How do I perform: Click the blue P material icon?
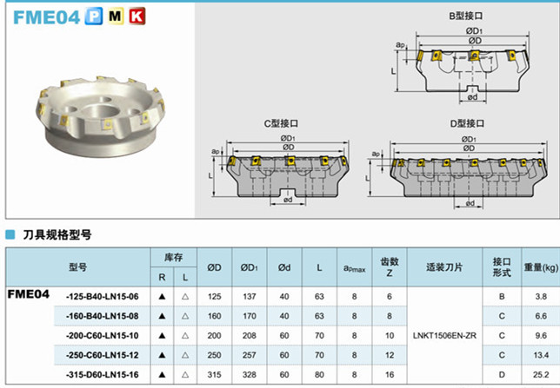pyautogui.click(x=94, y=16)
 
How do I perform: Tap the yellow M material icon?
pyautogui.click(x=116, y=16)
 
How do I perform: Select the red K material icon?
pyautogui.click(x=137, y=16)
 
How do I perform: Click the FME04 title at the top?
pyautogui.click(x=46, y=17)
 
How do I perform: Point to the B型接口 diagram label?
pyautogui.click(x=466, y=16)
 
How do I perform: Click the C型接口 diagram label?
pyautogui.click(x=281, y=123)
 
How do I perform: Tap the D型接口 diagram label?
pyautogui.click(x=467, y=123)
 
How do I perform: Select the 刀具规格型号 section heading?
pyautogui.click(x=57, y=234)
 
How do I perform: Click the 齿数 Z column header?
pyautogui.click(x=390, y=267)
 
